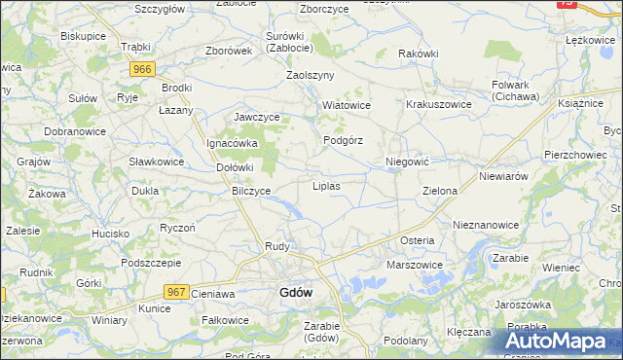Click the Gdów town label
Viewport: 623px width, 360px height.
[x=296, y=292]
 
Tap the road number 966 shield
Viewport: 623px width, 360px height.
[x=143, y=69]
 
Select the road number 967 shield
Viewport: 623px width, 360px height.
[x=176, y=292]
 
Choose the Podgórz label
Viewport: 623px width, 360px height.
[x=343, y=140]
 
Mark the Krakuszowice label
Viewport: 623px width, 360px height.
[x=439, y=105]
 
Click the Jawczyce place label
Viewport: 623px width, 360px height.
[x=257, y=118]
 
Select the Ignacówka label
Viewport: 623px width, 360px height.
[x=231, y=143]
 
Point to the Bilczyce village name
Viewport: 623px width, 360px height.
[x=251, y=191]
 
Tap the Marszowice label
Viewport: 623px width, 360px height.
[x=415, y=265]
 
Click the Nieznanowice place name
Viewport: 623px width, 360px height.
[x=486, y=225]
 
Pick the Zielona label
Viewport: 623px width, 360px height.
[x=440, y=192]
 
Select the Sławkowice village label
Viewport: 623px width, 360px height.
[x=157, y=162]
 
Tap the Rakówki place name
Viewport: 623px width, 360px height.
[x=419, y=54]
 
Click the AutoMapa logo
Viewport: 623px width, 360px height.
[x=562, y=342]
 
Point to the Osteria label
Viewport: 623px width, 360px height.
[x=417, y=240]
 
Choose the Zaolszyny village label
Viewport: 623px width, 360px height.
[x=310, y=75]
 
